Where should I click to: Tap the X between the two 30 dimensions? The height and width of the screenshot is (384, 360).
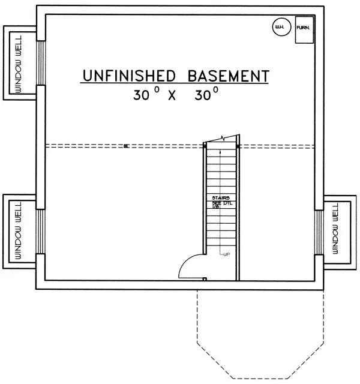coord(171,95)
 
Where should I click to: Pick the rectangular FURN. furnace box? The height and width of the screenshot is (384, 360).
coord(303,30)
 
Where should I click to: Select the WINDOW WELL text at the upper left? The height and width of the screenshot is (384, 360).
coord(18,63)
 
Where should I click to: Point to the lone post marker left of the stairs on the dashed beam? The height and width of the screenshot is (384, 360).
coord(126,145)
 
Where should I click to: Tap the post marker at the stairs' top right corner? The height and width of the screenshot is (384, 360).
coord(239,145)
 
